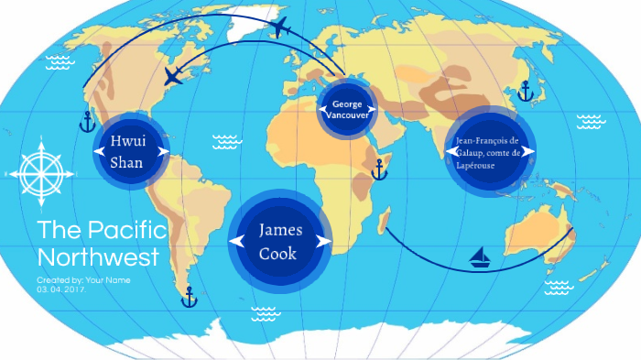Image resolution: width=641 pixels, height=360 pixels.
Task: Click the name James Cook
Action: (x=278, y=241)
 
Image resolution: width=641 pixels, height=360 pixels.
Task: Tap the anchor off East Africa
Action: (x=379, y=169)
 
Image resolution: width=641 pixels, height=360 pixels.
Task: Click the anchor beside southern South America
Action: (x=190, y=297)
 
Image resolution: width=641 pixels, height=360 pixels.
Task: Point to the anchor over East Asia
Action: (x=525, y=91)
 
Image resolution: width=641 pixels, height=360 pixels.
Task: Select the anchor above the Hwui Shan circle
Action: (x=88, y=121)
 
